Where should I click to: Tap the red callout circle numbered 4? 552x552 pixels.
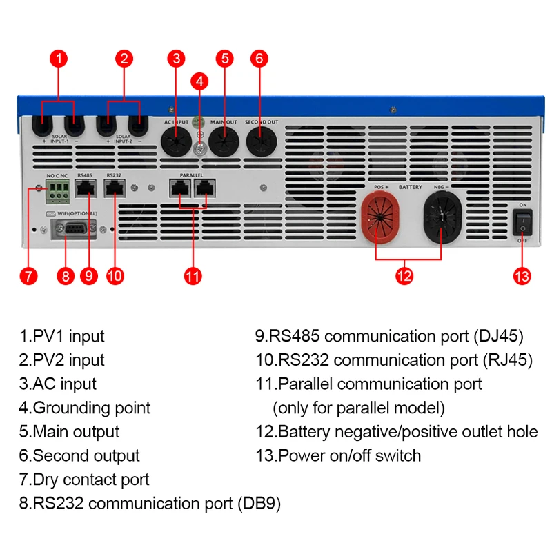click(199, 81)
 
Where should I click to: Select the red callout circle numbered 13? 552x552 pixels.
click(522, 275)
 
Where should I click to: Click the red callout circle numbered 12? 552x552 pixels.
click(404, 275)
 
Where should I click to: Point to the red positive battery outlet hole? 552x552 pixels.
click(382, 217)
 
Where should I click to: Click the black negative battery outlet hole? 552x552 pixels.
click(442, 217)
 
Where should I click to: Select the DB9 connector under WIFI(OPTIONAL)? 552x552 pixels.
click(72, 228)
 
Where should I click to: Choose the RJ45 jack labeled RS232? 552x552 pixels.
click(112, 188)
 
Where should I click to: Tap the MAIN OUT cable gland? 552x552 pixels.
click(223, 141)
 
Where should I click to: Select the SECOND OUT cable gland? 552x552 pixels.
click(262, 141)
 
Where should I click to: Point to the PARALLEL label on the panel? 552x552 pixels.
click(191, 175)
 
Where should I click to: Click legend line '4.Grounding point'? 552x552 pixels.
click(85, 408)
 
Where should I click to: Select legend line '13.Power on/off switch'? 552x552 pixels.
click(338, 455)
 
